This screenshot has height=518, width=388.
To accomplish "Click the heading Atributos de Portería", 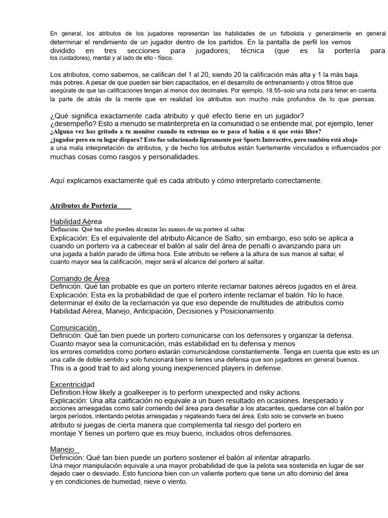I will coord(83,206).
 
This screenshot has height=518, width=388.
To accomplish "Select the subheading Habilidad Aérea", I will coord(76,222).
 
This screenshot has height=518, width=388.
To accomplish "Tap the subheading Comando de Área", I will coord(80,279).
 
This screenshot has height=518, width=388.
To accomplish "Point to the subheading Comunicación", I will coord(74,328).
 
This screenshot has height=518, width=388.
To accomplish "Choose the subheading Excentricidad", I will coord(72,384).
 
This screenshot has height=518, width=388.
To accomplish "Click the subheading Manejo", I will coord(63,449).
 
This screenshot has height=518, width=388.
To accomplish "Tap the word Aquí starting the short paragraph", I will coord(58,180).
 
